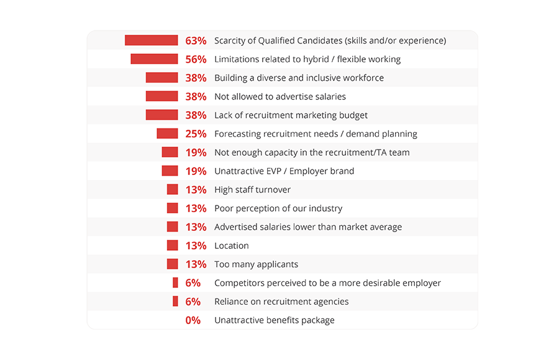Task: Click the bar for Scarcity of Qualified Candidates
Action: pyautogui.click(x=151, y=40)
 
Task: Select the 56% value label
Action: pyautogui.click(x=196, y=60)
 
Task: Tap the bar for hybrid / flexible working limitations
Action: pyautogui.click(x=154, y=59)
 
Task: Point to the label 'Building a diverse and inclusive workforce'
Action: pyautogui.click(x=299, y=78)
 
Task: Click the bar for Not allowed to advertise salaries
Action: pyautogui.click(x=161, y=96)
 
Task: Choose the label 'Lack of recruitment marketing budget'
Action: pyautogui.click(x=291, y=115)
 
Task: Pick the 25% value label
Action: pyautogui.click(x=196, y=134)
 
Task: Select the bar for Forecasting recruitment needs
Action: pyautogui.click(x=167, y=133)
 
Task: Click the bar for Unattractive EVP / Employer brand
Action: pyautogui.click(x=170, y=171)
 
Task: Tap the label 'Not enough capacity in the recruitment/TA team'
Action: pyautogui.click(x=312, y=153)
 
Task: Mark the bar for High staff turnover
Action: pyautogui.click(x=172, y=189)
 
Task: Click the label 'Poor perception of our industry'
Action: pyautogui.click(x=278, y=209)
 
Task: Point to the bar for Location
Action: pyautogui.click(x=172, y=245)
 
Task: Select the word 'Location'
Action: pyautogui.click(x=232, y=246)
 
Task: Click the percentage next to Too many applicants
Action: pyautogui.click(x=196, y=264)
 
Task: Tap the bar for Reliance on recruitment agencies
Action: pyautogui.click(x=175, y=301)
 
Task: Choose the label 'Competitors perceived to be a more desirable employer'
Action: pyautogui.click(x=327, y=283)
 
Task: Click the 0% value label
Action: pyautogui.click(x=193, y=320)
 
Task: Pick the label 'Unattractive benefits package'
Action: pyautogui.click(x=275, y=320)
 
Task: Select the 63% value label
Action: pyautogui.click(x=196, y=41)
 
